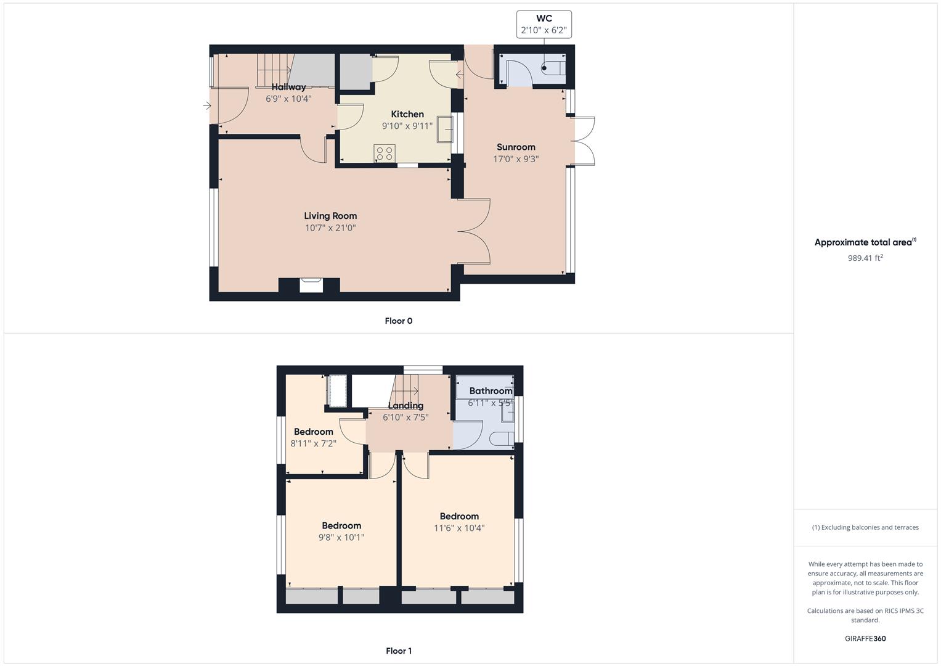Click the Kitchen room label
point(407,114)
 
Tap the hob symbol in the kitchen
point(385,153)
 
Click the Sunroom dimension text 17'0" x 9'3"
point(516,158)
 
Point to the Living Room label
point(330,216)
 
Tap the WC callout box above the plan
point(544,24)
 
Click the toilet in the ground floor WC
point(553,68)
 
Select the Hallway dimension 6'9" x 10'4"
point(288,98)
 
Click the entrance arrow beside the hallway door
point(207,106)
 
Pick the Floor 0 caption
point(399,321)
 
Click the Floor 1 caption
point(399,651)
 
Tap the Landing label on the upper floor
point(405,406)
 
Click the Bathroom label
point(491,391)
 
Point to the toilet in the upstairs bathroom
point(502,439)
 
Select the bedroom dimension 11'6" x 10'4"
point(459,528)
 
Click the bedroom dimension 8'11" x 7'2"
point(313,443)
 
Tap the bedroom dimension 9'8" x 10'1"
point(341,537)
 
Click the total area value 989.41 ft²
point(865,258)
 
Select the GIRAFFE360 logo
point(865,638)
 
